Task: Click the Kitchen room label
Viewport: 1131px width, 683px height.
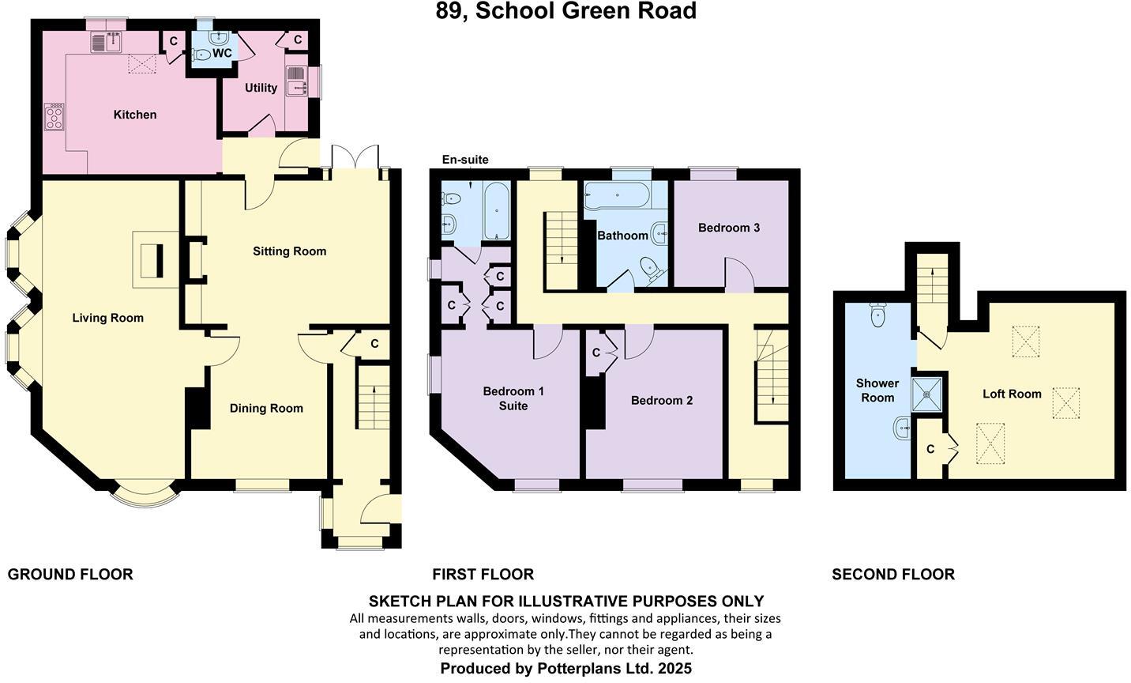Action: pyautogui.click(x=135, y=115)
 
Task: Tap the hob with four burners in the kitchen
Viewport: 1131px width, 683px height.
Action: pyautogui.click(x=54, y=117)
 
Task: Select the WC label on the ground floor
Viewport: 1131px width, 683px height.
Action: pyautogui.click(x=223, y=53)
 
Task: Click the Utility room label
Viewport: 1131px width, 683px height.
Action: pyautogui.click(x=261, y=88)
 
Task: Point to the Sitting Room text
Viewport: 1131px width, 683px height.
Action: pyautogui.click(x=289, y=251)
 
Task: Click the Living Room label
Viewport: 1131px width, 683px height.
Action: pyautogui.click(x=107, y=318)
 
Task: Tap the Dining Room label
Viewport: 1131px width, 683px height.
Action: pyautogui.click(x=266, y=408)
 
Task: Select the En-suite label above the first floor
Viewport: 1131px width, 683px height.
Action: pyautogui.click(x=464, y=160)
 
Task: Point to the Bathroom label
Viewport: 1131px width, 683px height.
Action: pyautogui.click(x=622, y=236)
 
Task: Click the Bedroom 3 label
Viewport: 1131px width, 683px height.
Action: pyautogui.click(x=728, y=228)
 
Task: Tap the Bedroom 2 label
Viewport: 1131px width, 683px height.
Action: pyautogui.click(x=661, y=400)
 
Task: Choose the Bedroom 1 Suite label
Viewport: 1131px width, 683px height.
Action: pyautogui.click(x=513, y=398)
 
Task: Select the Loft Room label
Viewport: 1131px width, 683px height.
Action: pyautogui.click(x=1012, y=394)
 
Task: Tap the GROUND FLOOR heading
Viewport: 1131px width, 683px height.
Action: pyautogui.click(x=70, y=575)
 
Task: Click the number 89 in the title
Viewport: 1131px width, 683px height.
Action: pyautogui.click(x=447, y=11)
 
